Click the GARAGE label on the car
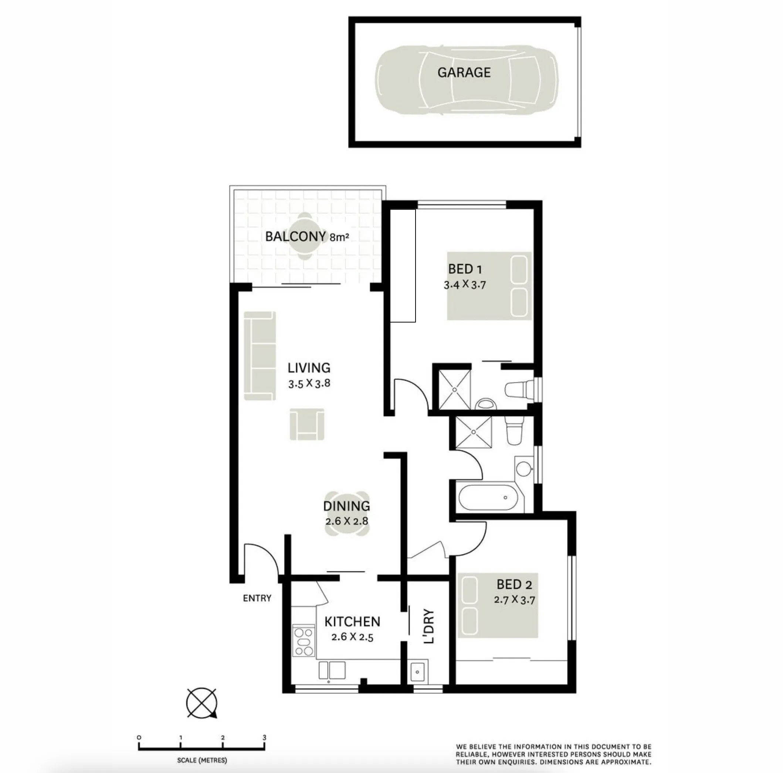(464, 72)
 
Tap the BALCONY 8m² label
(307, 236)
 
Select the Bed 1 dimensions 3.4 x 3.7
(464, 285)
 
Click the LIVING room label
(309, 368)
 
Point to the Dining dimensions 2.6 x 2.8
(346, 521)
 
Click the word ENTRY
(257, 598)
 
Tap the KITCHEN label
(352, 622)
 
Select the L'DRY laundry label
(428, 627)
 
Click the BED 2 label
(514, 584)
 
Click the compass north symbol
(202, 703)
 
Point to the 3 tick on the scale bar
(264, 738)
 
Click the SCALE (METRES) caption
(202, 760)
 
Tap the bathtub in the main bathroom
(488, 497)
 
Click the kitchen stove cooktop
(304, 642)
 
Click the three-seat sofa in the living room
(260, 356)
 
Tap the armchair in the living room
(307, 424)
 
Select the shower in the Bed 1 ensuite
(455, 389)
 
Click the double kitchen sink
(332, 670)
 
